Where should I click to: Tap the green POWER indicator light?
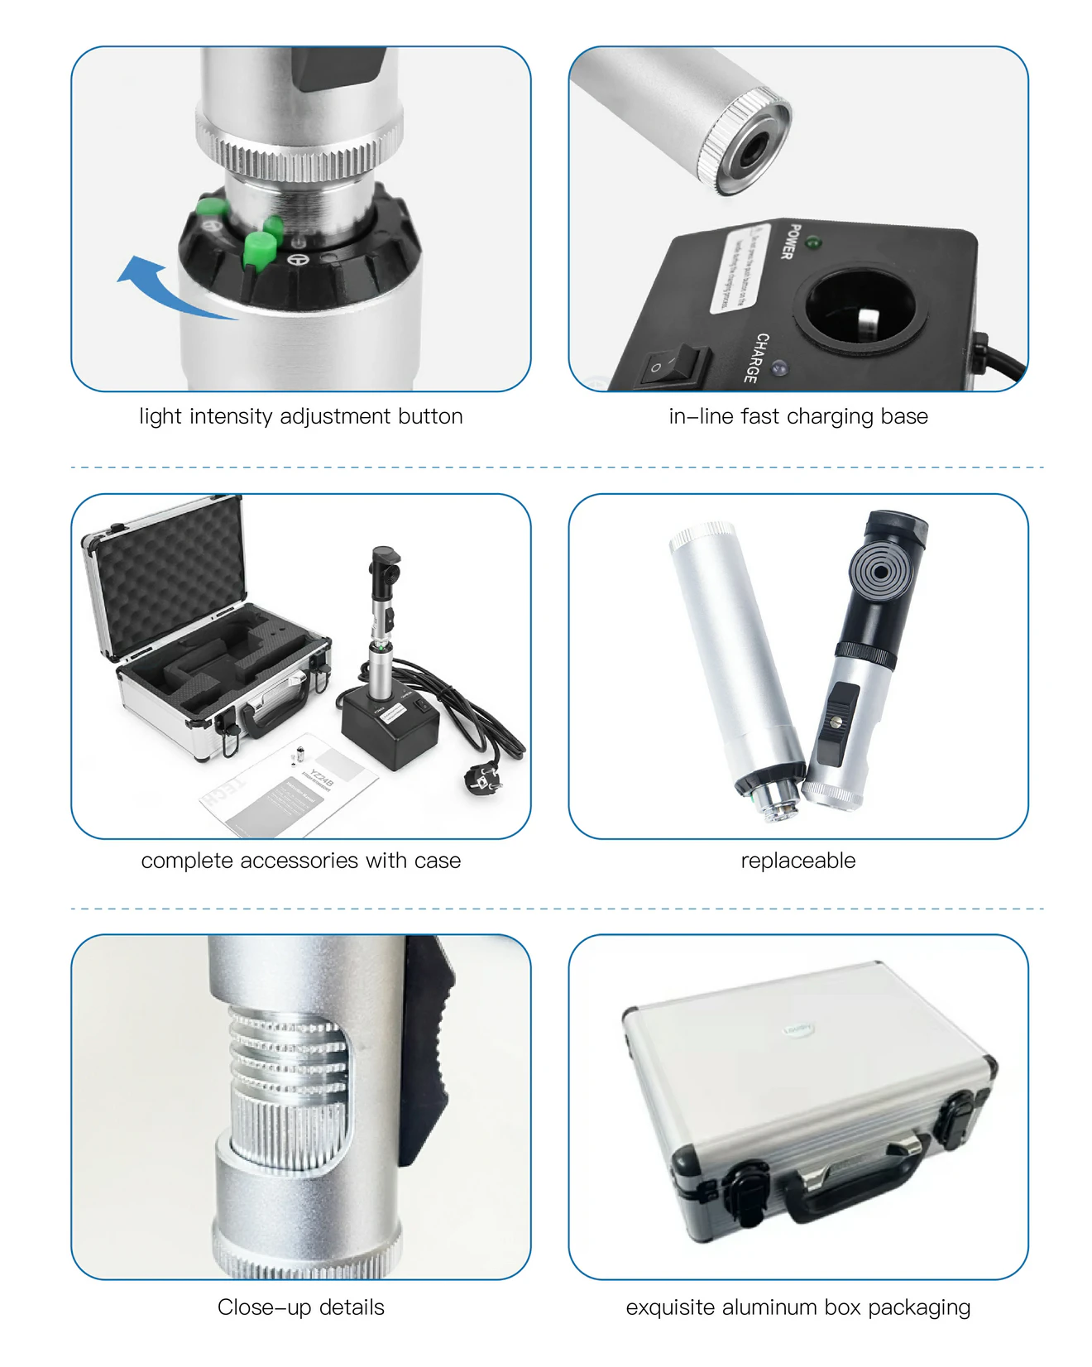click(813, 243)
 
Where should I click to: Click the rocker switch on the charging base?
click(673, 364)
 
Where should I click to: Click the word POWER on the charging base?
click(789, 241)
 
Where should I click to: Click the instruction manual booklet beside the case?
click(290, 786)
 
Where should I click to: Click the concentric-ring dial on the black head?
click(880, 572)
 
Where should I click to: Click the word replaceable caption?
click(797, 861)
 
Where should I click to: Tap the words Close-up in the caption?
click(265, 1307)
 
